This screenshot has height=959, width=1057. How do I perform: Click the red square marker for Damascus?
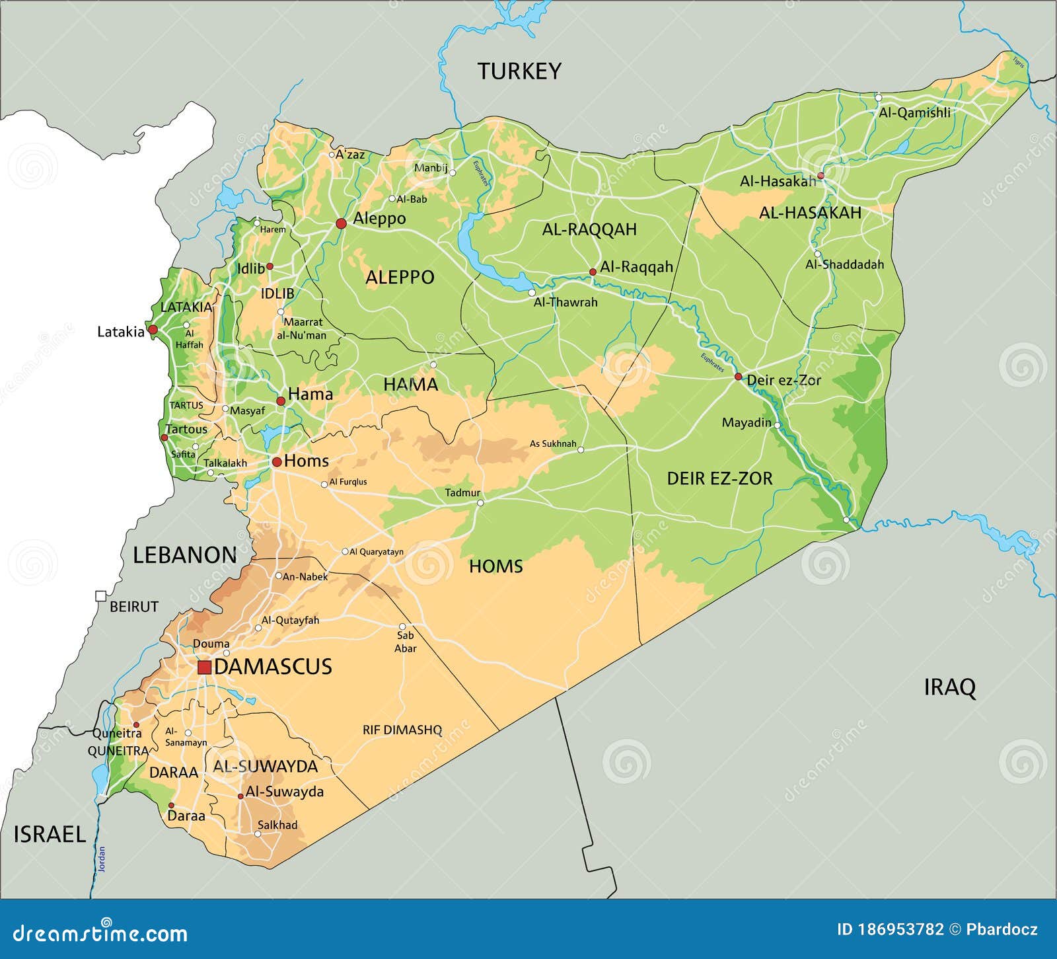pyautogui.click(x=205, y=668)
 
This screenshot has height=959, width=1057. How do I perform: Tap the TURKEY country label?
pyautogui.click(x=519, y=71)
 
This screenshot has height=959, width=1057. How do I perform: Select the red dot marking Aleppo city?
pyautogui.click(x=341, y=223)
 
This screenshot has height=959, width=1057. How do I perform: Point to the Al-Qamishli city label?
pyautogui.click(x=914, y=112)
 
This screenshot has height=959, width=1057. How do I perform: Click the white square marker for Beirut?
pyautogui.click(x=100, y=596)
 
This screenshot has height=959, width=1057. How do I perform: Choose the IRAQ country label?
pyautogui.click(x=949, y=687)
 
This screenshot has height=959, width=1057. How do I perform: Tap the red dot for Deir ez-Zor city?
pyautogui.click(x=739, y=377)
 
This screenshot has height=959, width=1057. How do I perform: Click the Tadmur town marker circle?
pyautogui.click(x=480, y=503)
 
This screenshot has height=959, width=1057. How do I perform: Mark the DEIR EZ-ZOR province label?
pyautogui.click(x=719, y=479)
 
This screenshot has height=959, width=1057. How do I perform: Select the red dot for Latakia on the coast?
pyautogui.click(x=153, y=329)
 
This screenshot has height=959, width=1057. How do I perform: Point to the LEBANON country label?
pyautogui.click(x=185, y=555)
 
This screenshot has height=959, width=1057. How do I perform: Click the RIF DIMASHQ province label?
pyautogui.click(x=402, y=730)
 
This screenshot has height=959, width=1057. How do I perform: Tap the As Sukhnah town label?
pyautogui.click(x=553, y=444)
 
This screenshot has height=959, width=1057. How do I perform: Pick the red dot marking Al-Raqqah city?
pyautogui.click(x=593, y=272)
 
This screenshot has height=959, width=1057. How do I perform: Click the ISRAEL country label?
pyautogui.click(x=50, y=834)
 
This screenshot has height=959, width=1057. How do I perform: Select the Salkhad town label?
pyautogui.click(x=277, y=825)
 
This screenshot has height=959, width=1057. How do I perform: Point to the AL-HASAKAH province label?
pyautogui.click(x=810, y=213)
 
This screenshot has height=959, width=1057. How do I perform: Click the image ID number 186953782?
pyautogui.click(x=900, y=930)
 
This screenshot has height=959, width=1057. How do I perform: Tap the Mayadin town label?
pyautogui.click(x=747, y=422)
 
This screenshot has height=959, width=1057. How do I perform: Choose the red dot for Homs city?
pyautogui.click(x=277, y=461)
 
